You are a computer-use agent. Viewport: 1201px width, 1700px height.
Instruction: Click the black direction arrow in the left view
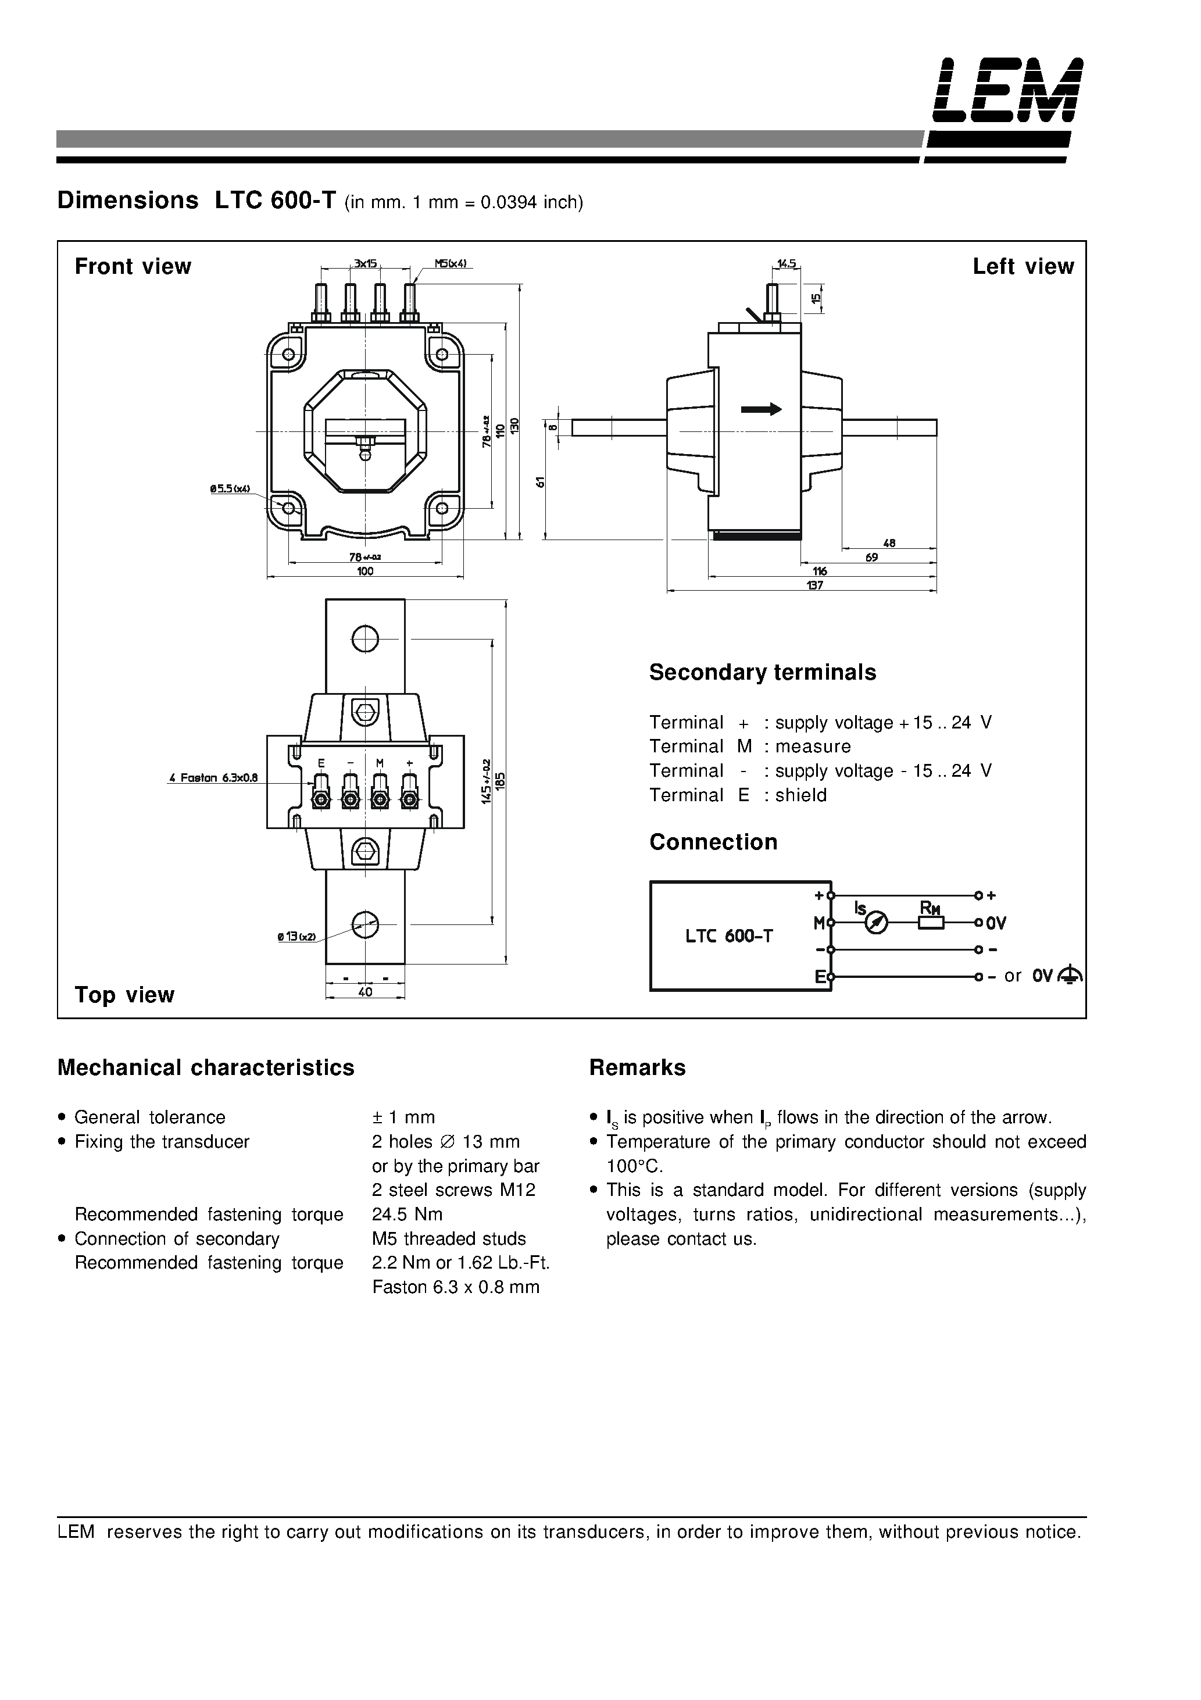(x=761, y=409)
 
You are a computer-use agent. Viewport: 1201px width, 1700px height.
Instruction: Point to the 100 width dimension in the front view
(x=365, y=571)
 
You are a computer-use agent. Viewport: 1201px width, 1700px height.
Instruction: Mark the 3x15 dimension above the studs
(x=365, y=263)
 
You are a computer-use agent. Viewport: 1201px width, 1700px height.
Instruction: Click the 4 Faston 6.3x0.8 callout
(x=213, y=778)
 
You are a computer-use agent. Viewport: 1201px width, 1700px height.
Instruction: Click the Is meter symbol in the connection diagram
(x=876, y=923)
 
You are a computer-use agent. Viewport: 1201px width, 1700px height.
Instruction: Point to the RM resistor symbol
(x=931, y=923)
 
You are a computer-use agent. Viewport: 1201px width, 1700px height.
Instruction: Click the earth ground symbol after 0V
(x=1071, y=975)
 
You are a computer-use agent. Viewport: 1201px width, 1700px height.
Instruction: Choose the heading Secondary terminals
(x=762, y=672)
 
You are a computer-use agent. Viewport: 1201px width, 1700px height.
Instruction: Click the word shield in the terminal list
(x=800, y=795)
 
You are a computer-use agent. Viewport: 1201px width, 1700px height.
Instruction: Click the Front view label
(x=133, y=266)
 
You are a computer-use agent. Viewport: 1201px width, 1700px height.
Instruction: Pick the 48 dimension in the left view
(x=889, y=542)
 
